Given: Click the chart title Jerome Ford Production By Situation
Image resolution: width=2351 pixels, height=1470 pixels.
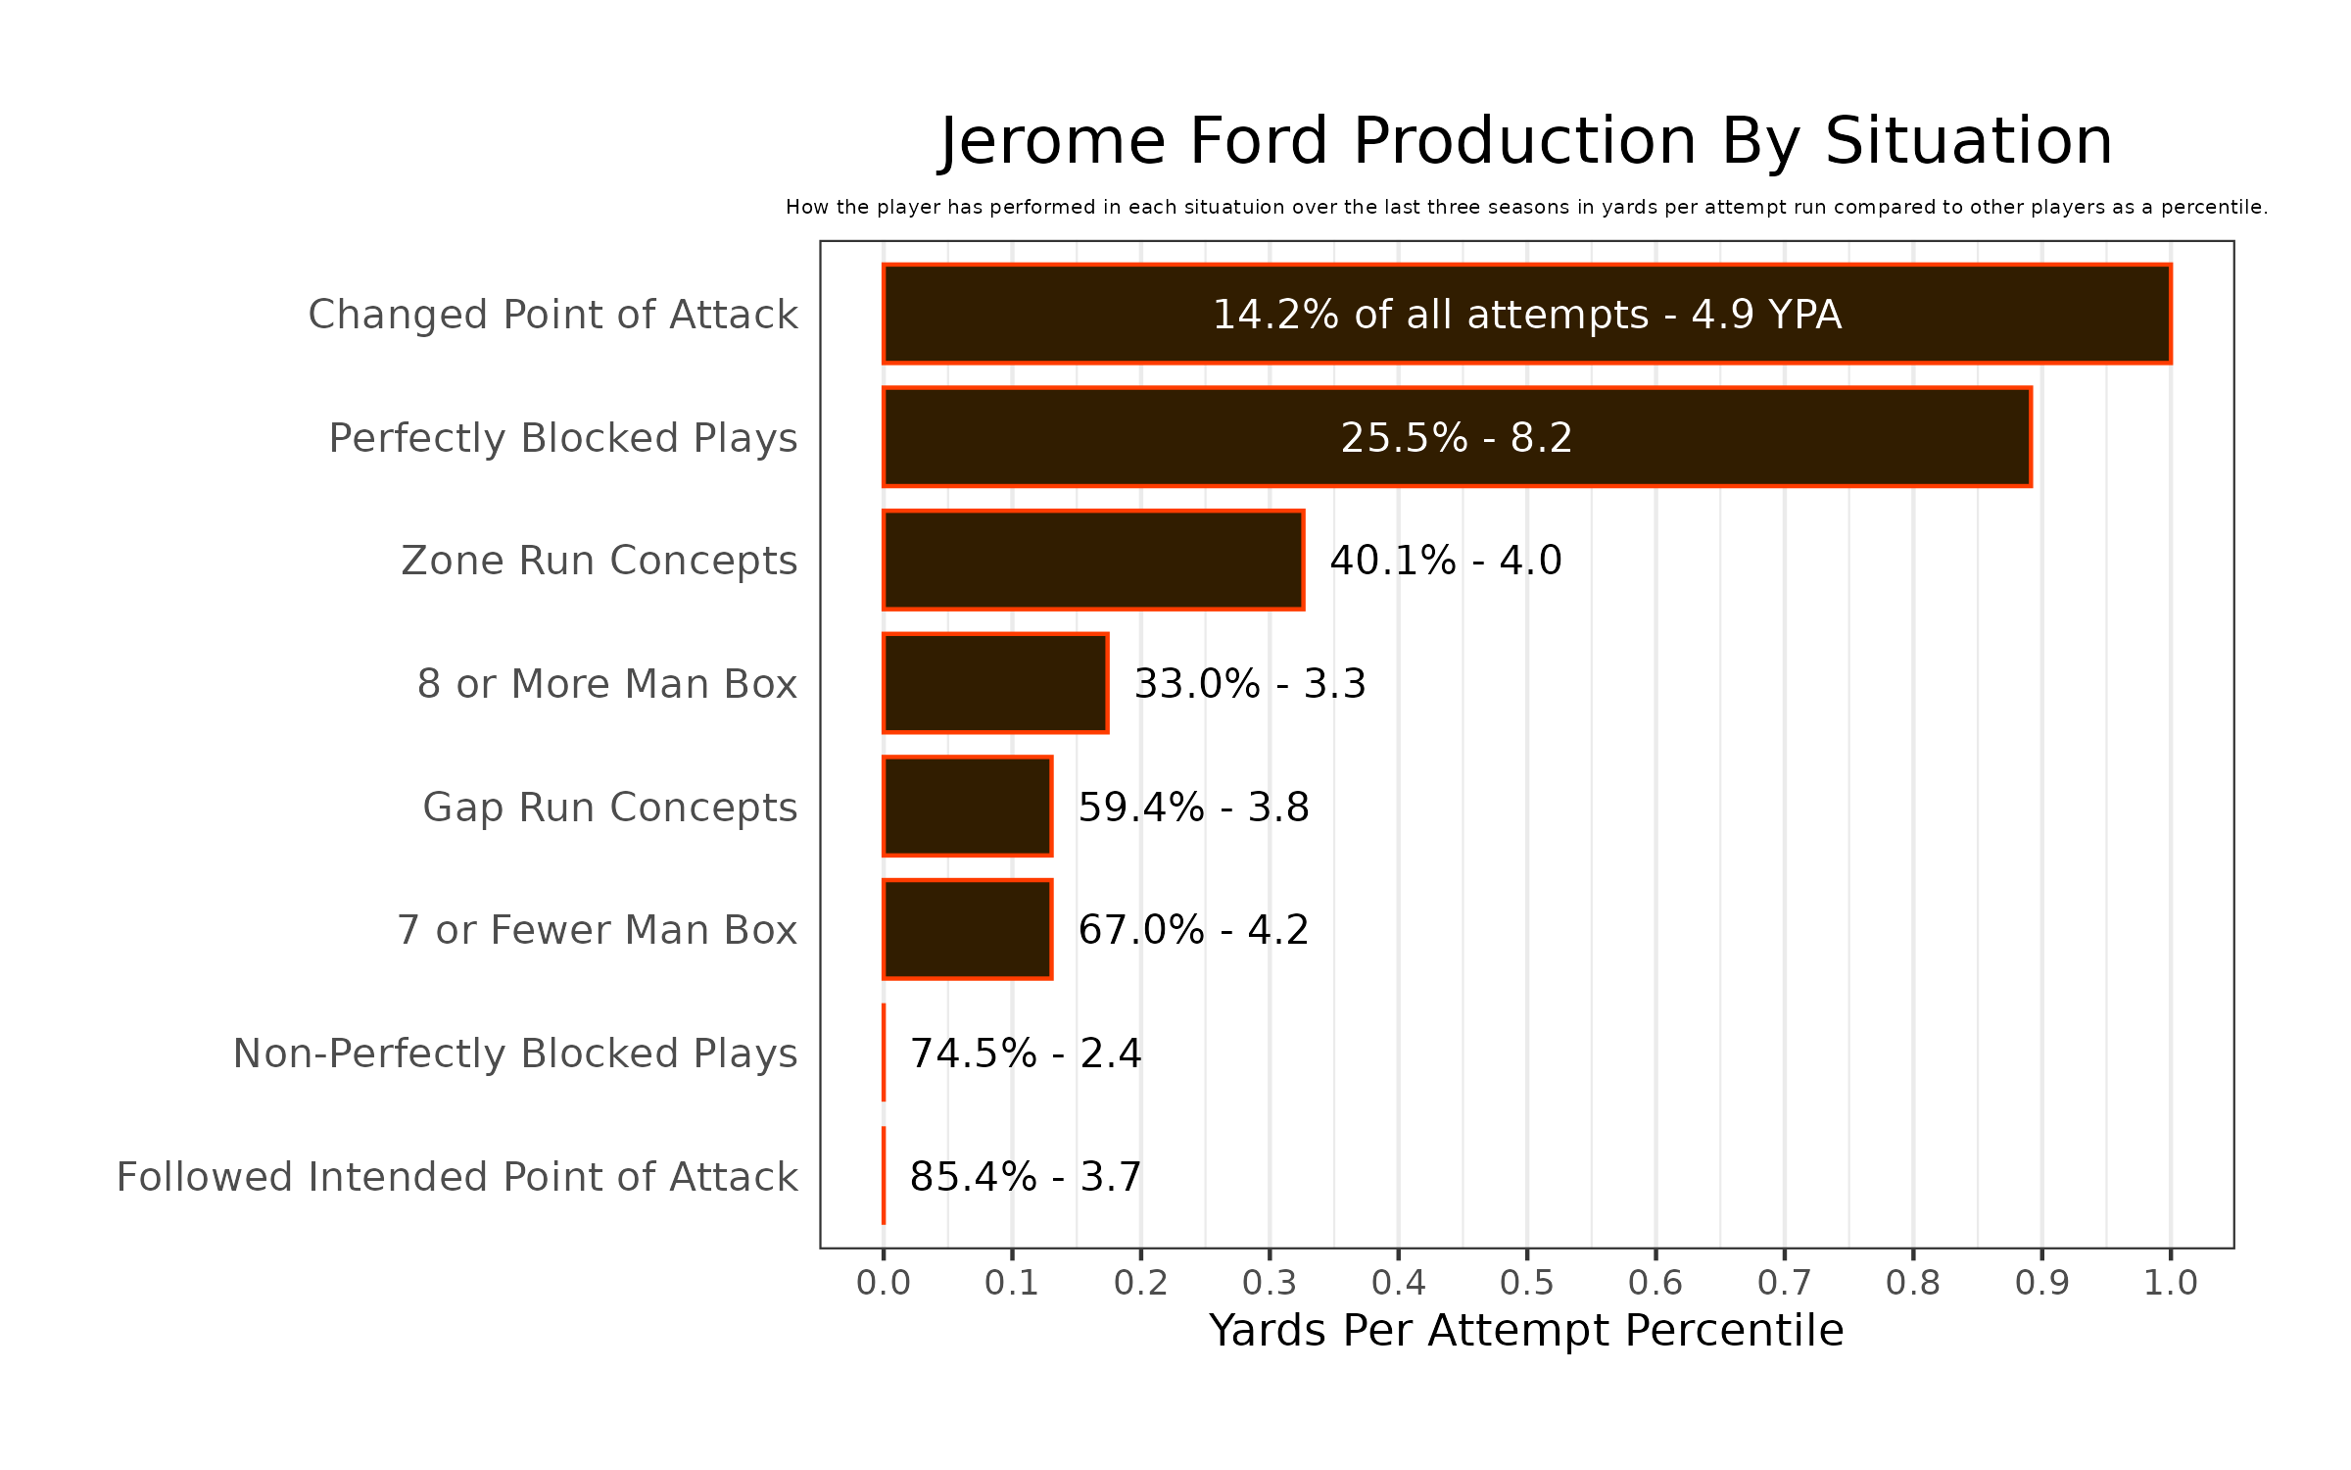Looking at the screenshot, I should [x=1526, y=141].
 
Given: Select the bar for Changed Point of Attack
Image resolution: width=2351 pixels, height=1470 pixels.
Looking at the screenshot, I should [x=1526, y=314].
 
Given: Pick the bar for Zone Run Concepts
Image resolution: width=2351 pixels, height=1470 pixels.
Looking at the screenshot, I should [x=1093, y=561].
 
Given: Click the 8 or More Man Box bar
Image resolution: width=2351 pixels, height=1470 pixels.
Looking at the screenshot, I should [x=995, y=683].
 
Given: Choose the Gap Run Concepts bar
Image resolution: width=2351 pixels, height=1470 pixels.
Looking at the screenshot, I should [x=968, y=807].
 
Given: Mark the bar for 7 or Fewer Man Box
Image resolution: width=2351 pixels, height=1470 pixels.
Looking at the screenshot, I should [x=968, y=929].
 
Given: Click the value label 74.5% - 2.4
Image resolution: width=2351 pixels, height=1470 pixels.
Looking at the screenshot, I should [x=1026, y=1053].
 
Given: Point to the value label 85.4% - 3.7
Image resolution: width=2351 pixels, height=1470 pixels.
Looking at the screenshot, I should [x=1026, y=1177].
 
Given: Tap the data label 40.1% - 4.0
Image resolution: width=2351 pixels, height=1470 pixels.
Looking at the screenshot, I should [x=1446, y=561].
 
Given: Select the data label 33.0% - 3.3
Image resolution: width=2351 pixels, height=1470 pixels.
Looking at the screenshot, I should [x=1250, y=684].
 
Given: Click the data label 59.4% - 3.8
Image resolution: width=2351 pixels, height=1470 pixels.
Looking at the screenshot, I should [x=1194, y=808].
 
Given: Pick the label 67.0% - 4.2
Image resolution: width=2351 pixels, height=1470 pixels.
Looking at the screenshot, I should [x=1194, y=930].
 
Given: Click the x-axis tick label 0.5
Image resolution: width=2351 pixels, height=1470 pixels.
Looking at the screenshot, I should [x=1527, y=1283].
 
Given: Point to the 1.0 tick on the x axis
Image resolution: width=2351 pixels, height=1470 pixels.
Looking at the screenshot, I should [x=2171, y=1283].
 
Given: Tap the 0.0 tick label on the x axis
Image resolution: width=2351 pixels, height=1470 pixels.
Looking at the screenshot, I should [x=884, y=1283].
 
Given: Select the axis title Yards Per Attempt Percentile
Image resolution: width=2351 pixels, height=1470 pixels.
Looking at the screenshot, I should [x=1526, y=1331].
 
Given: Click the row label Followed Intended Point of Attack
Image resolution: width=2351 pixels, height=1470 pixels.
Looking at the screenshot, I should [x=457, y=1177].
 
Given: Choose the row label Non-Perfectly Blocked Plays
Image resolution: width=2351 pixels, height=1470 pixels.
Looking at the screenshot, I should [x=515, y=1053].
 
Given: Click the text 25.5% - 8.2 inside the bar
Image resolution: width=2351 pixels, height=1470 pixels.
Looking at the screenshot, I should [x=1457, y=438].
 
